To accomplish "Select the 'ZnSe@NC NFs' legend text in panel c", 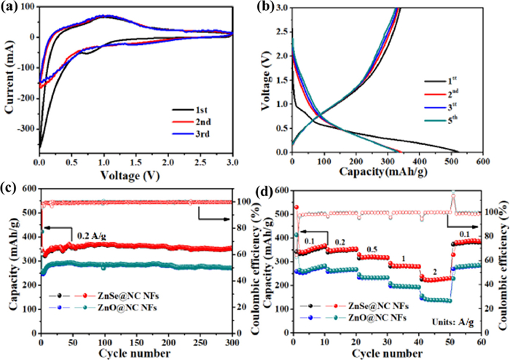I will (x=117, y=298).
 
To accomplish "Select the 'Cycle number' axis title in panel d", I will (x=386, y=353).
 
